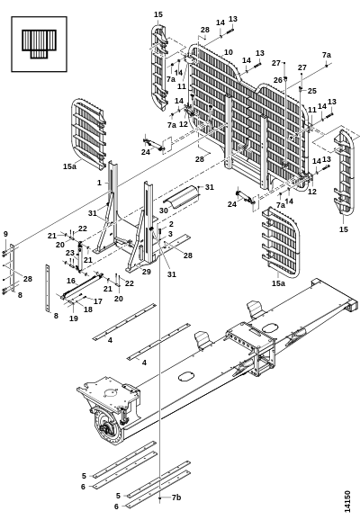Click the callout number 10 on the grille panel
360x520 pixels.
click(x=229, y=52)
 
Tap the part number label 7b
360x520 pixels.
click(x=176, y=498)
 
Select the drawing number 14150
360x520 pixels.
click(x=347, y=501)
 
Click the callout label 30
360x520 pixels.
click(x=164, y=211)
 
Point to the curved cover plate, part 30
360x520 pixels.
click(x=181, y=197)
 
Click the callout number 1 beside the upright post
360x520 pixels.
click(x=99, y=183)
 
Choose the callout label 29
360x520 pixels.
click(x=147, y=272)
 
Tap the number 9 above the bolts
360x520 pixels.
click(x=5, y=234)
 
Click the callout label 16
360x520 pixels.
click(x=71, y=281)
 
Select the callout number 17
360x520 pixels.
click(x=98, y=301)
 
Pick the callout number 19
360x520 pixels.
click(x=74, y=318)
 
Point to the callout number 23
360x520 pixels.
click(x=69, y=253)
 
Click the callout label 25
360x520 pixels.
click(x=312, y=91)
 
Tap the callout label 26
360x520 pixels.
click(x=278, y=80)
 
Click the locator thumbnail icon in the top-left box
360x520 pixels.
click(x=40, y=44)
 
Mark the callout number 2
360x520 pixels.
click(x=171, y=224)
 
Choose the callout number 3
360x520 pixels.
click(x=170, y=234)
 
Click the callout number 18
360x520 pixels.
click(x=88, y=309)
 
